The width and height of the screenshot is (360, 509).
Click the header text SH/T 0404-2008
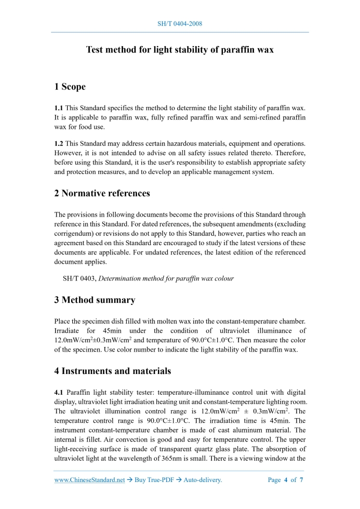(180, 24)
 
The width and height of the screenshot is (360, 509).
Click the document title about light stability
(180, 50)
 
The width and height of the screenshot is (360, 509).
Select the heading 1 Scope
(70, 86)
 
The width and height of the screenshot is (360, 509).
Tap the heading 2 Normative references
(102, 193)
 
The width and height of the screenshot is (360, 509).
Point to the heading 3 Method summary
(95, 300)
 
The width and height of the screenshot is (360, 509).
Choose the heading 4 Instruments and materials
(113, 371)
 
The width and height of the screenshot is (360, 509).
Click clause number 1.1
(59, 108)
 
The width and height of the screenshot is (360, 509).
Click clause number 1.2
(59, 143)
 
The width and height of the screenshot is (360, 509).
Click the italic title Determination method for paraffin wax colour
(166, 278)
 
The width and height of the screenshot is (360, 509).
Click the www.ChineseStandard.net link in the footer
(89, 480)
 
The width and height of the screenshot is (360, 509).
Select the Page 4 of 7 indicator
(285, 480)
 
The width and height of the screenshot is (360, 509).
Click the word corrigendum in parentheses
(73, 233)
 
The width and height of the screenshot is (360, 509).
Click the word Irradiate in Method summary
(69, 330)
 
